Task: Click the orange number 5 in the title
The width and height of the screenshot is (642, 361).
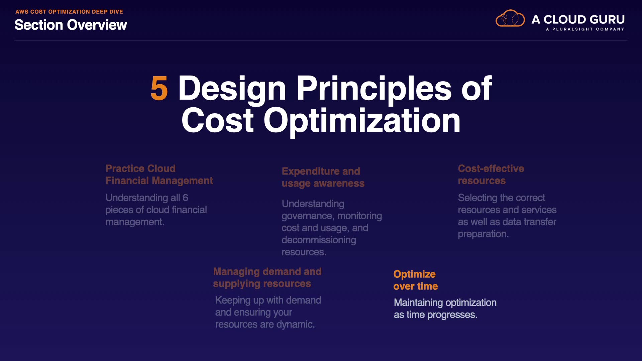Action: tap(159, 88)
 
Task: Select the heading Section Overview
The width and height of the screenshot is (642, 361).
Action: tap(71, 25)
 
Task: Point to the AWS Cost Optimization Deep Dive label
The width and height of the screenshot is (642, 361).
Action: tap(69, 12)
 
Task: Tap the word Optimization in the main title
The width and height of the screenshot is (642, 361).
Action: tap(362, 121)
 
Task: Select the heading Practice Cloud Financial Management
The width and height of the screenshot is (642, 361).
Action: tap(159, 174)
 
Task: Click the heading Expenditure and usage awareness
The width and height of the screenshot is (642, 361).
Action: tap(323, 177)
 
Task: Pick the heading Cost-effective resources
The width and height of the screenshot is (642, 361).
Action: tap(491, 174)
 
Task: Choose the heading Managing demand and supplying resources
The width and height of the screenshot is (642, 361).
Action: tap(267, 277)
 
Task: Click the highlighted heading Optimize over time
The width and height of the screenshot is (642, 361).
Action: tap(415, 280)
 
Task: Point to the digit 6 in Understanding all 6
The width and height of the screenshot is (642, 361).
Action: tap(185, 198)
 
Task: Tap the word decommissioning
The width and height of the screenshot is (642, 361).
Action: tap(319, 240)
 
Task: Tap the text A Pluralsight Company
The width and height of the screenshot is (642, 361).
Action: tap(585, 29)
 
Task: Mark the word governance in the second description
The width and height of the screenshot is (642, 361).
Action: tap(308, 216)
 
